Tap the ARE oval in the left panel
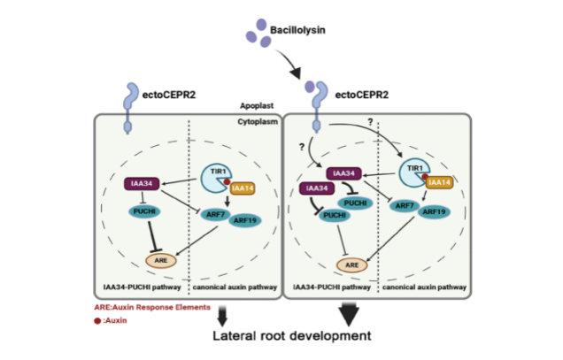[x=161, y=261]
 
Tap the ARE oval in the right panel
[x=351, y=264]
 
